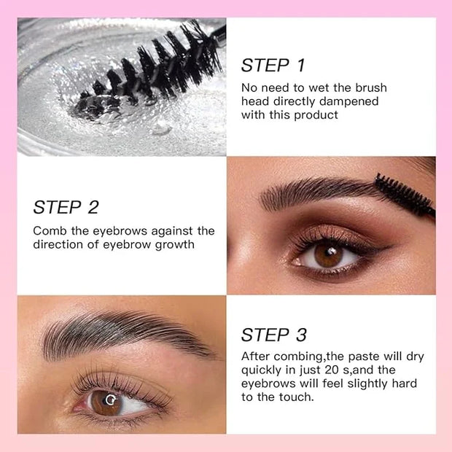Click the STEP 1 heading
coord(273,65)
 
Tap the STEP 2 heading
coord(66,207)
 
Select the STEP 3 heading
coord(274,335)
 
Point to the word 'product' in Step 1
coord(316,115)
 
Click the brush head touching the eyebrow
coord(405,195)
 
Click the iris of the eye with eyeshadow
coord(328,257)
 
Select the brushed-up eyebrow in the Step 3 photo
coord(127,335)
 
